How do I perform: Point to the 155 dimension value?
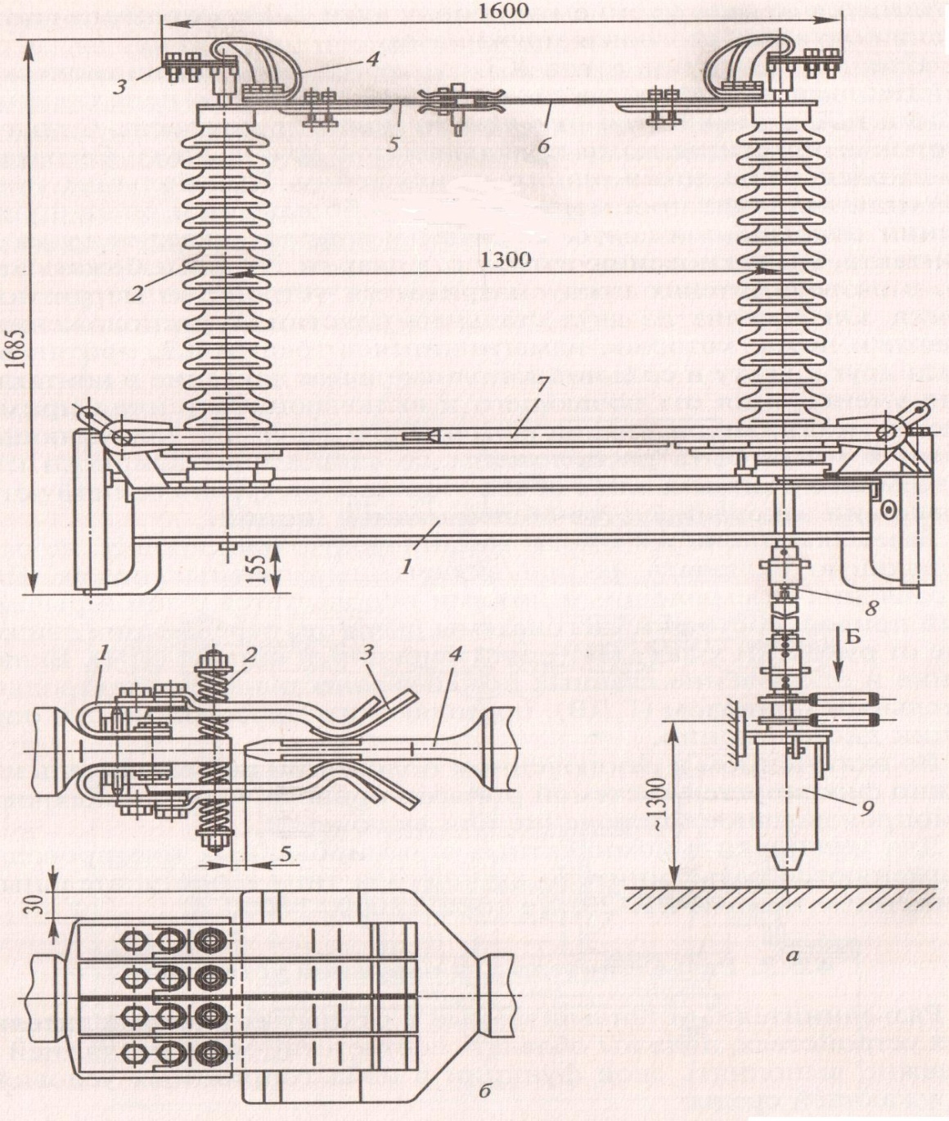(x=262, y=569)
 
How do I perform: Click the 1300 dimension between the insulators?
(x=506, y=259)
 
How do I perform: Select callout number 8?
(x=871, y=607)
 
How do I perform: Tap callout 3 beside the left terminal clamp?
(x=120, y=88)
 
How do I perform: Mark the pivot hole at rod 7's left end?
(x=119, y=438)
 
